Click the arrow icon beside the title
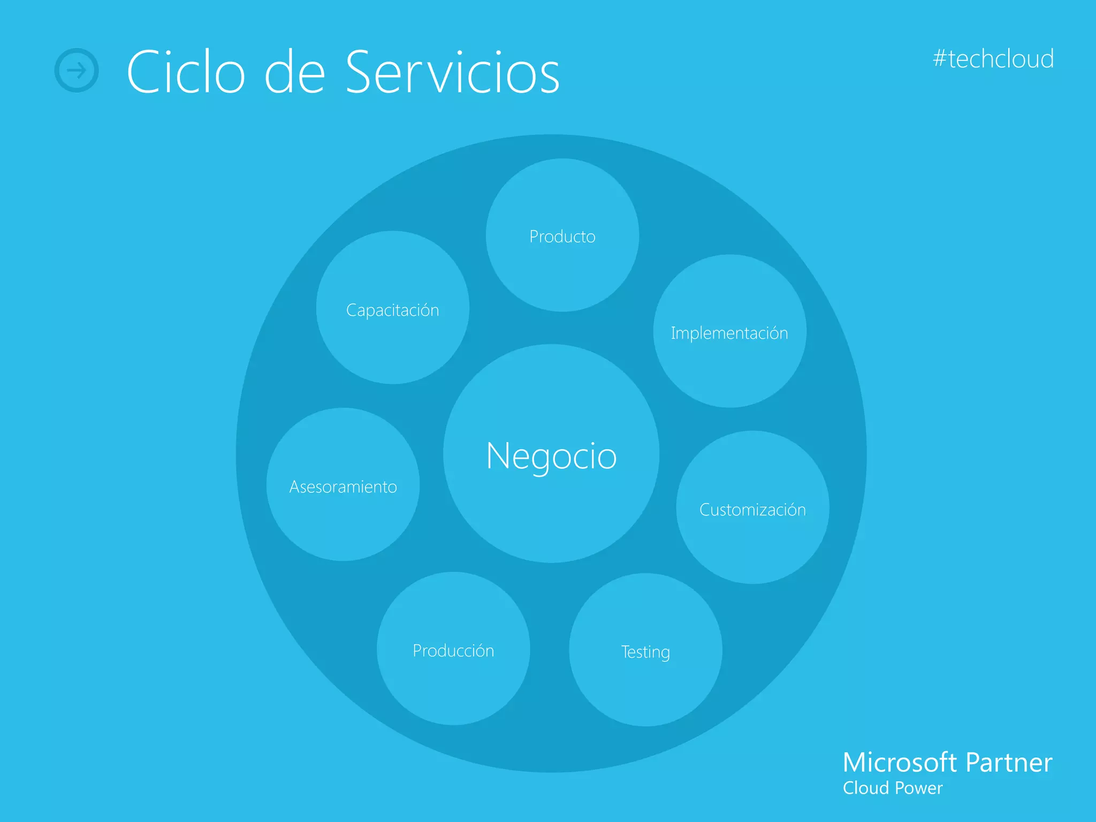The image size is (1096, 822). pyautogui.click(x=77, y=70)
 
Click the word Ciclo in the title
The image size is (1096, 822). pyautogui.click(x=186, y=72)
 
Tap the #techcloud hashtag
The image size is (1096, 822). pyautogui.click(x=993, y=59)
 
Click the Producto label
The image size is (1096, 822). pyautogui.click(x=562, y=237)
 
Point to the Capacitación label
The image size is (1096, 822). pyautogui.click(x=392, y=310)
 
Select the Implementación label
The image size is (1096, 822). pyautogui.click(x=729, y=333)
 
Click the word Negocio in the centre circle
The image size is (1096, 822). pyautogui.click(x=551, y=456)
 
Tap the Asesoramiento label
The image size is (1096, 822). pyautogui.click(x=343, y=487)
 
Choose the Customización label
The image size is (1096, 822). pyautogui.click(x=752, y=510)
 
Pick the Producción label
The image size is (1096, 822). pyautogui.click(x=453, y=651)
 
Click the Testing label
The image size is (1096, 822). pyautogui.click(x=645, y=652)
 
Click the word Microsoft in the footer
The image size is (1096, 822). pyautogui.click(x=900, y=762)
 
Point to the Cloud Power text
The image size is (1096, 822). pyautogui.click(x=892, y=788)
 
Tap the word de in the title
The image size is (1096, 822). pyautogui.click(x=295, y=72)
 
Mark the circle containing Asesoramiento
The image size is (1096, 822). pyautogui.click(x=343, y=524)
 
